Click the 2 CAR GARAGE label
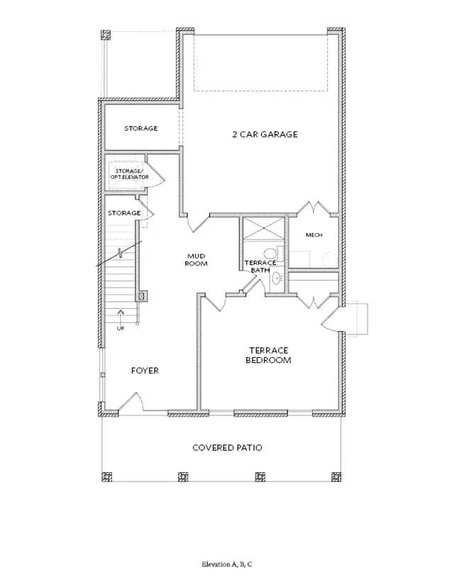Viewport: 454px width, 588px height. pyautogui.click(x=265, y=134)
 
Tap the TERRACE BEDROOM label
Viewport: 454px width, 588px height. pyautogui.click(x=269, y=355)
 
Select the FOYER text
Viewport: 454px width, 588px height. pyautogui.click(x=145, y=371)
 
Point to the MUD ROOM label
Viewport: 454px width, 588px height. pyautogui.click(x=196, y=260)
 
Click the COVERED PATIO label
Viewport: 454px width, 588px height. pyautogui.click(x=227, y=447)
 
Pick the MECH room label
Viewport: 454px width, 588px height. pyautogui.click(x=314, y=235)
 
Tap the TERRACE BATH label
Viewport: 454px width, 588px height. pyautogui.click(x=260, y=266)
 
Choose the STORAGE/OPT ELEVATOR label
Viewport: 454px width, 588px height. pyautogui.click(x=129, y=174)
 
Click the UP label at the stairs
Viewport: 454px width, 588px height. pyautogui.click(x=121, y=329)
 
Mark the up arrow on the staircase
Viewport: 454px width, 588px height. pyautogui.click(x=121, y=316)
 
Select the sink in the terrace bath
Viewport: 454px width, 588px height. pyautogui.click(x=277, y=278)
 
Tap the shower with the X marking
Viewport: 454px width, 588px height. pyautogui.click(x=264, y=228)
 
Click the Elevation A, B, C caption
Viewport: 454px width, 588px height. pyautogui.click(x=227, y=564)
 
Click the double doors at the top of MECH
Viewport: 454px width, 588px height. pyautogui.click(x=314, y=209)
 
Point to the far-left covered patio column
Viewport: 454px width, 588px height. pyautogui.click(x=106, y=477)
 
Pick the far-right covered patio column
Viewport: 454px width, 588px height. pyautogui.click(x=336, y=477)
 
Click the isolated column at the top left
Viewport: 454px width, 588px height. pyautogui.click(x=106, y=35)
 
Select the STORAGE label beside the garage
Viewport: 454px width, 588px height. pyautogui.click(x=141, y=129)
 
